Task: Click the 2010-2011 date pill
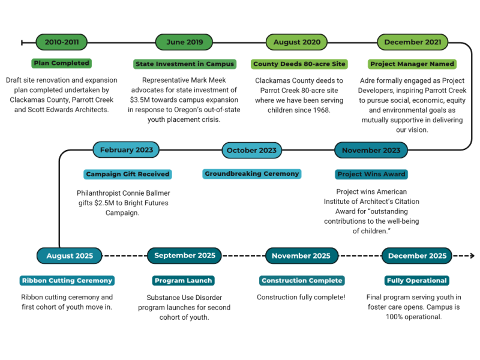(62, 42)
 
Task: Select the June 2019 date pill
(184, 42)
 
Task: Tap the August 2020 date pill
(296, 42)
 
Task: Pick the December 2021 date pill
(412, 42)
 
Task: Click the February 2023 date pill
(127, 150)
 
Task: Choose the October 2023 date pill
(251, 150)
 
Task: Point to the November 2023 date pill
(370, 150)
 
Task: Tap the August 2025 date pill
(70, 256)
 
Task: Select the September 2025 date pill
(185, 256)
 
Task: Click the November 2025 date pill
(301, 256)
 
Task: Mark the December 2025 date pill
(417, 256)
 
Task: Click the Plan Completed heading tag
(61, 63)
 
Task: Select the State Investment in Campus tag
(185, 64)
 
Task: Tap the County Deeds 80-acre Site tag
(299, 64)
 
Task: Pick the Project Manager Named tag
(412, 64)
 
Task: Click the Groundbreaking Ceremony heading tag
(251, 174)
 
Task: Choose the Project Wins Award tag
(371, 174)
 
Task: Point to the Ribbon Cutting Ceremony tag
(67, 280)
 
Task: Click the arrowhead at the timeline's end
(472, 256)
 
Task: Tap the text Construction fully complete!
(301, 297)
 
